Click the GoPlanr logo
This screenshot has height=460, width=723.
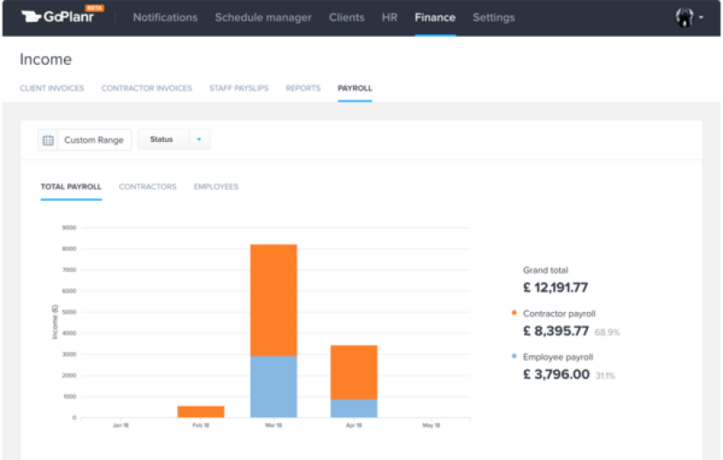58,17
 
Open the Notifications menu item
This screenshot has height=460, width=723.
165,18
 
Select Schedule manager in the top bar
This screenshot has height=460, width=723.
263,18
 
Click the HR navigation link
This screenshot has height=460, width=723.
390,18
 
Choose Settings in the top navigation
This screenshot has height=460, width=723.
493,18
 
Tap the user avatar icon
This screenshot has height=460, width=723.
685,18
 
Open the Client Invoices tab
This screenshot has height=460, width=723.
52,88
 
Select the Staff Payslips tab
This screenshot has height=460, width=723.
238,88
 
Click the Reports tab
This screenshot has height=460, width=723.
303,88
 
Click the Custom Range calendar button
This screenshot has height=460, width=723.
85,140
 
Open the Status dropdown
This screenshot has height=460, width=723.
174,140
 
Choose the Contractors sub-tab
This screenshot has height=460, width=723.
147,187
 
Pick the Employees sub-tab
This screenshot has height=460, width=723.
216,187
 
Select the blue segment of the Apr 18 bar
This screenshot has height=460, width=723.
354,408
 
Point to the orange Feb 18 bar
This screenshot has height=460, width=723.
201,412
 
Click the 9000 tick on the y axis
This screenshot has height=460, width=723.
69,228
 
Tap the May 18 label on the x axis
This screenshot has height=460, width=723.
430,426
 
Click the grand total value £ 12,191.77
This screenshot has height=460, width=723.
556,287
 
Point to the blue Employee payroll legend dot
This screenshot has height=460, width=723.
514,357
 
